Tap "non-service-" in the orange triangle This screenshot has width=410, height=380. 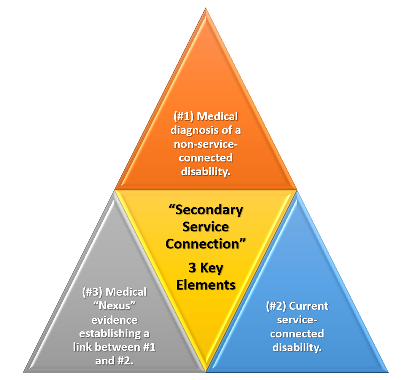pos(205,144)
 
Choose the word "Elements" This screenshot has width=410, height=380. pos(206,285)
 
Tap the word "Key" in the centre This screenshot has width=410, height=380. pos(211,268)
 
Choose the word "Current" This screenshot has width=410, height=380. pos(308,306)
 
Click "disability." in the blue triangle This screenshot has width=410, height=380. pos(297,347)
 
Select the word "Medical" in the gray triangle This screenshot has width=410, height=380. pos(126,292)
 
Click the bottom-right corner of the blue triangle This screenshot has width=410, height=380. pos(388,372)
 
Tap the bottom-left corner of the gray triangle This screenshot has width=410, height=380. pos(24,372)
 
